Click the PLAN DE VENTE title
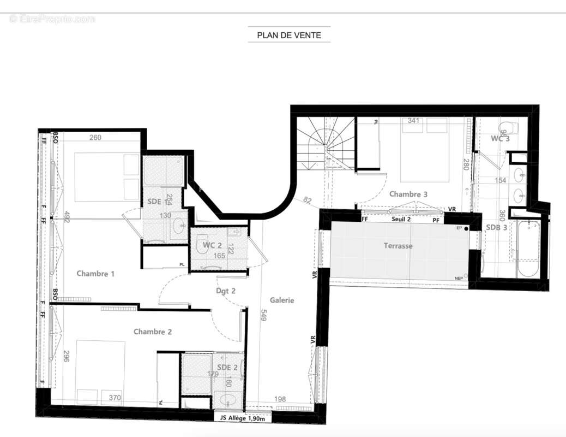tap(289, 36)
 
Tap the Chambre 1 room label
tap(95, 274)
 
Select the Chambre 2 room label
tap(153, 332)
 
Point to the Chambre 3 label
tap(408, 194)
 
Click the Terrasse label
tap(398, 246)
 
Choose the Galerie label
tap(282, 300)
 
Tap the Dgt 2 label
tap(225, 291)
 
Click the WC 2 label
tap(212, 245)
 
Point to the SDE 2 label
tap(227, 367)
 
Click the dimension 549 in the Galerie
tap(263, 315)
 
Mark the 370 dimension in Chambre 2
tap(115, 398)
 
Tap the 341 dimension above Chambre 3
tap(413, 121)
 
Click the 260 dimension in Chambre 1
tap(95, 138)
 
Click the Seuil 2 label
tap(401, 218)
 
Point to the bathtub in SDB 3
tap(528, 249)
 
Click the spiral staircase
tap(322, 143)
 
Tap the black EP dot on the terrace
tap(466, 228)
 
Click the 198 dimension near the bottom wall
tap(280, 399)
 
